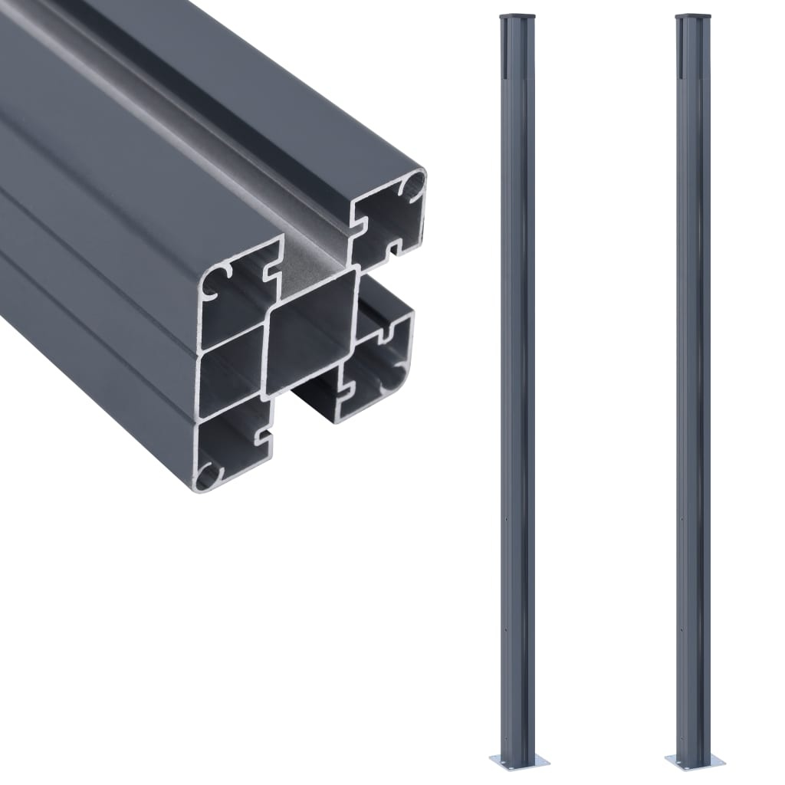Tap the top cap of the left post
(x=517, y=15)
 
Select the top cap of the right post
(x=693, y=15)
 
